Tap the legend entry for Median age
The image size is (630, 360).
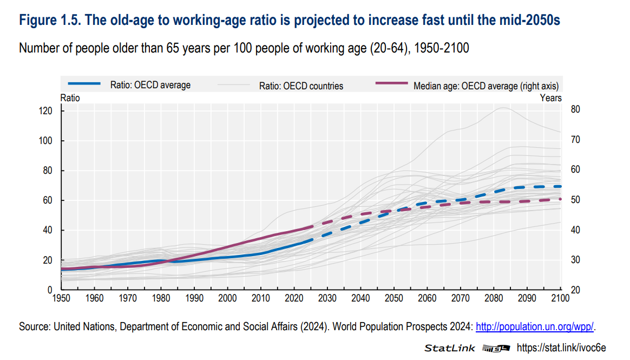[485, 86]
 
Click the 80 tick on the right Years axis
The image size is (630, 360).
[575, 109]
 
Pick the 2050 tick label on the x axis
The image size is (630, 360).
[393, 298]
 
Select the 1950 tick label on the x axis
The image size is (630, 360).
[61, 298]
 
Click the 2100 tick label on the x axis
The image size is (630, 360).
[560, 298]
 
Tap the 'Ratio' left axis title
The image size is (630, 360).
[70, 98]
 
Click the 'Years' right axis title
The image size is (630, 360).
[550, 98]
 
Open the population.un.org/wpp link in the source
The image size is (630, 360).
[535, 326]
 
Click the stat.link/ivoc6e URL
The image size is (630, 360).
[561, 348]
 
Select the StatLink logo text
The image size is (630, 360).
[450, 348]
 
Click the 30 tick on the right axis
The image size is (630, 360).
[575, 260]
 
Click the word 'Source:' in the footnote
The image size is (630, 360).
[34, 326]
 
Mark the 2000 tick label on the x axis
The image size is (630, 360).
[227, 298]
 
